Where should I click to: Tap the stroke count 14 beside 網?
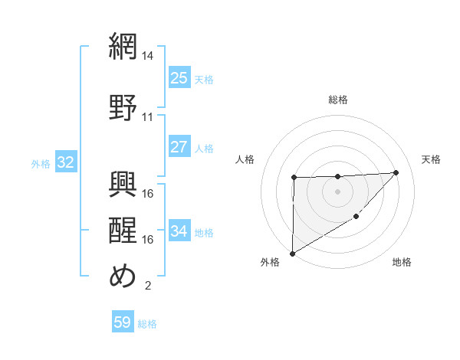tap(148, 56)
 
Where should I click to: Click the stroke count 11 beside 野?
tap(148, 117)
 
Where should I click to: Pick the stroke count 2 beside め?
tap(147, 286)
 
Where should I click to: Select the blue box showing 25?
tap(179, 78)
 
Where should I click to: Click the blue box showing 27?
tap(179, 146)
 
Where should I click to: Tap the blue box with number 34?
tap(179, 231)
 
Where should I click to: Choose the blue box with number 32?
tap(65, 162)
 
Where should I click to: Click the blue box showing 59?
tap(123, 322)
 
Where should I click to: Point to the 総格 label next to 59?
tap(147, 324)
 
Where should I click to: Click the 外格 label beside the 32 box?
tap(41, 163)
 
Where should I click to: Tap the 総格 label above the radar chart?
tap(337, 100)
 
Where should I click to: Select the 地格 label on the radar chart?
tap(402, 263)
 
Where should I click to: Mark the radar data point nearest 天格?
tap(396, 172)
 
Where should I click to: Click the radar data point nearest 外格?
tap(292, 253)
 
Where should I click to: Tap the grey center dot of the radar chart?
tap(337, 191)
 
